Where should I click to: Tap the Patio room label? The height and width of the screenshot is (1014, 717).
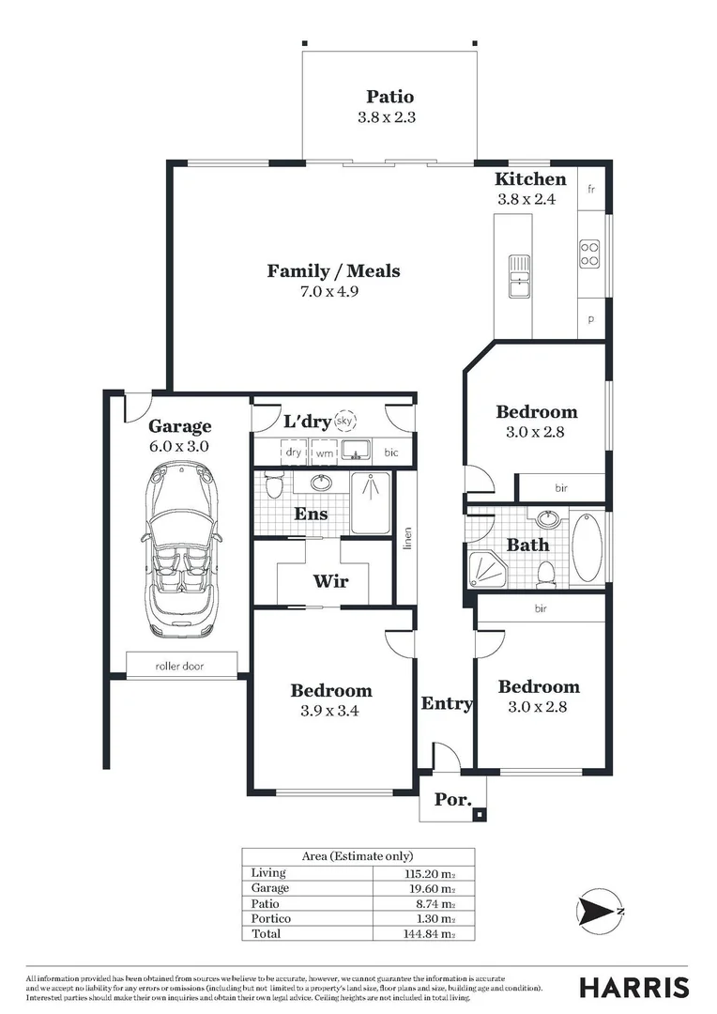pyautogui.click(x=389, y=97)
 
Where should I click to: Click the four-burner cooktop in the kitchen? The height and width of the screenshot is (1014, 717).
pyautogui.click(x=590, y=253)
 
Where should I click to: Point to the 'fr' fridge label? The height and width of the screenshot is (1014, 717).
pyautogui.click(x=591, y=190)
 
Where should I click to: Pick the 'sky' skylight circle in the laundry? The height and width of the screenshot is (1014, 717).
pyautogui.click(x=346, y=422)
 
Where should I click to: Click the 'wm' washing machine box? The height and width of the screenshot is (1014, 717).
pyautogui.click(x=324, y=453)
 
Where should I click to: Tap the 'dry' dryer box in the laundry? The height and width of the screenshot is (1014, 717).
pyautogui.click(x=294, y=453)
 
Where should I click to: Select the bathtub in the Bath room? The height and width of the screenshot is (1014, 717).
pyautogui.click(x=588, y=547)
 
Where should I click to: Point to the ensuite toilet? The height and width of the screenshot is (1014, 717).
pyautogui.click(x=273, y=486)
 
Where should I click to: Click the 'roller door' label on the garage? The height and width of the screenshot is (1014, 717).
pyautogui.click(x=180, y=667)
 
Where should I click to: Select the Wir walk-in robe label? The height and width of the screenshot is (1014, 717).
pyautogui.click(x=329, y=581)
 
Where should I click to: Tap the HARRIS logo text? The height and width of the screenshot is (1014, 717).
pyautogui.click(x=633, y=988)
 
